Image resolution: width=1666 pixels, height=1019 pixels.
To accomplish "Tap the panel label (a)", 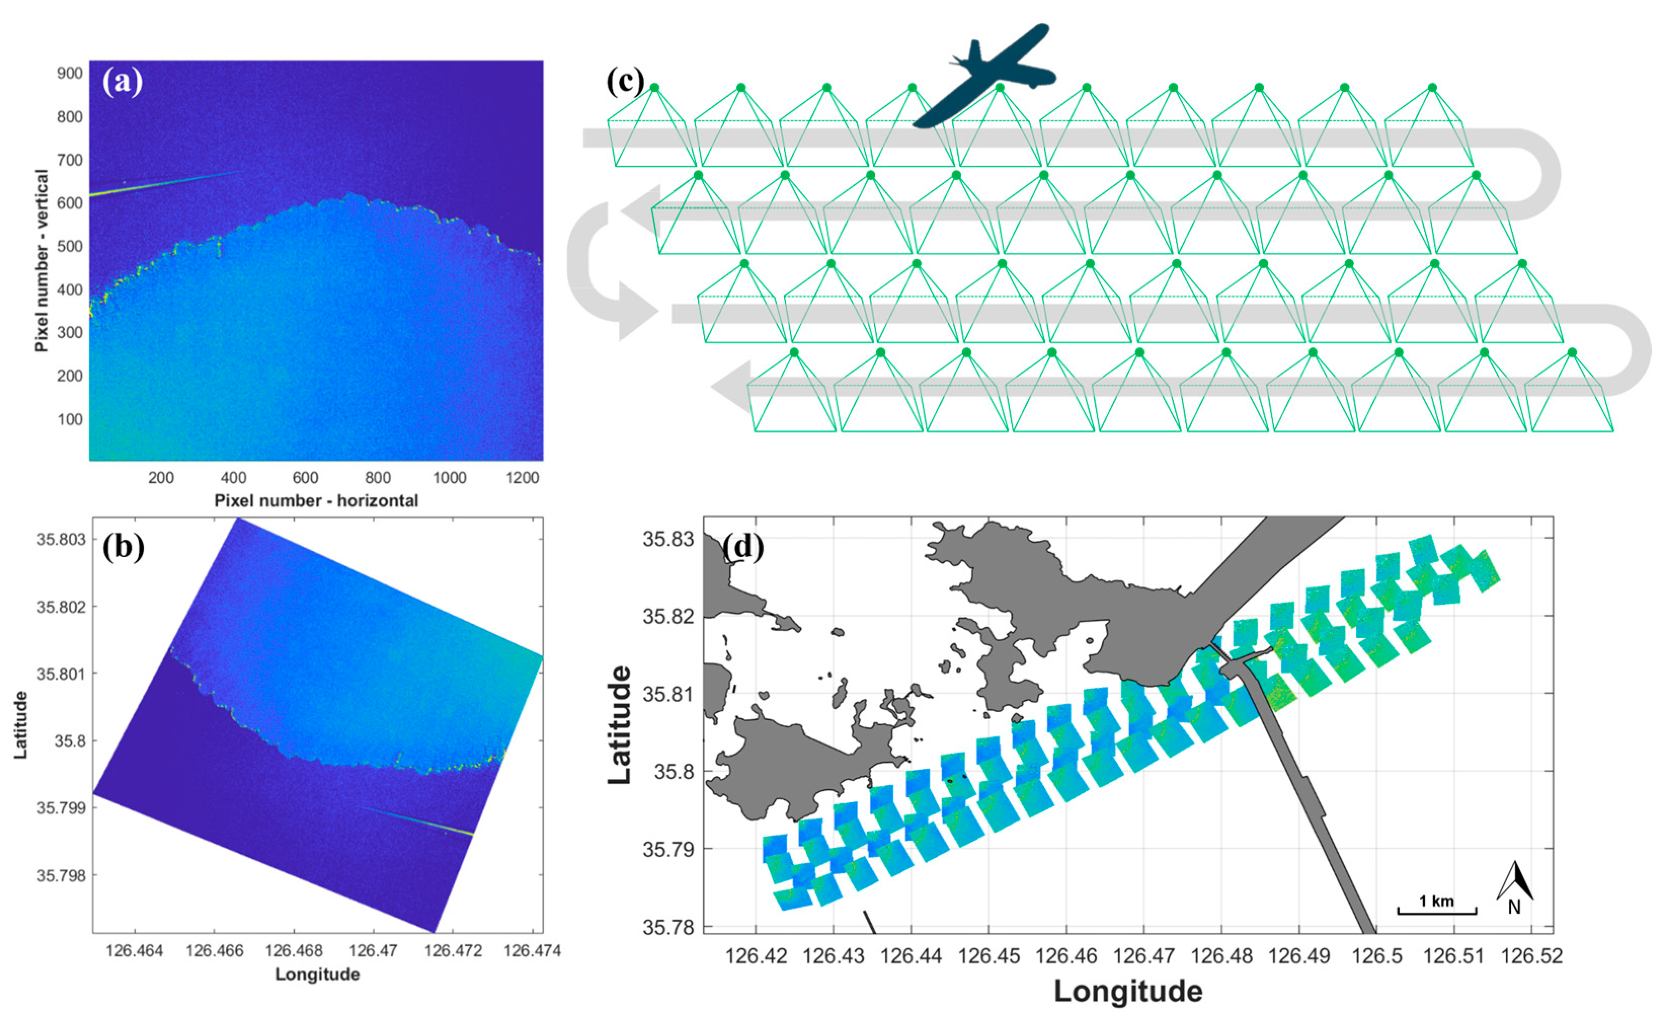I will (123, 82).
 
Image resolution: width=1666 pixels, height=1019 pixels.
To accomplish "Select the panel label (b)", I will (123, 546).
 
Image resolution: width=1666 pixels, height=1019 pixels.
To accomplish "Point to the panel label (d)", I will (743, 546).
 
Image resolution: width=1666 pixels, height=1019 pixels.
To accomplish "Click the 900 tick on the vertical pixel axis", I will (70, 74).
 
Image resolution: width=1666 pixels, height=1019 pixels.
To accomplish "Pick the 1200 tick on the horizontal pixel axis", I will (522, 478).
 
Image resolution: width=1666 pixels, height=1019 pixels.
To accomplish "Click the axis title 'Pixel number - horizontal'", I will (316, 500).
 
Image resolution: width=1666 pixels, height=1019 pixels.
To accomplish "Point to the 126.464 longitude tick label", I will (135, 951).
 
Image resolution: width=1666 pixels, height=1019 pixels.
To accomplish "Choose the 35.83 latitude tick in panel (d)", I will (668, 539).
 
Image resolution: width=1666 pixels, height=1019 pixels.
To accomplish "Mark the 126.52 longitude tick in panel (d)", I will (1531, 956).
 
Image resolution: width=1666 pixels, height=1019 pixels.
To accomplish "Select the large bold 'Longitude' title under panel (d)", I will (1128, 991).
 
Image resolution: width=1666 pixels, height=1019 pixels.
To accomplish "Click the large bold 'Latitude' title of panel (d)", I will (619, 724).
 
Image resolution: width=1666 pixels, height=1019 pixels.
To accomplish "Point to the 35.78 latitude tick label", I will (668, 926).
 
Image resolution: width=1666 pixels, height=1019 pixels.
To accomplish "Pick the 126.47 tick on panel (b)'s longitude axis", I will (374, 951).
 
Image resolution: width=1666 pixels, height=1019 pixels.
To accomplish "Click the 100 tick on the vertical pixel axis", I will (70, 419).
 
